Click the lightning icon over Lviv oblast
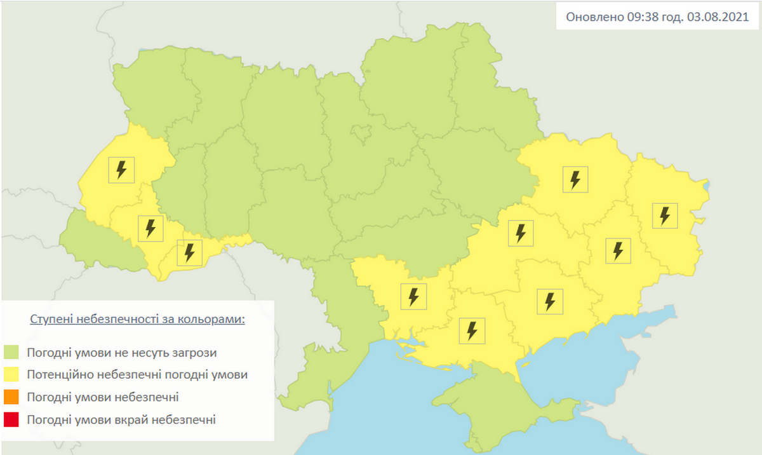pyautogui.click(x=121, y=170)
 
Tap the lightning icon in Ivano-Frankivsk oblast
pyautogui.click(x=150, y=228)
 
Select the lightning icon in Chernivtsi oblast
pyautogui.click(x=189, y=252)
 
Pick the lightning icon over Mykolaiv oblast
pyautogui.click(x=413, y=296)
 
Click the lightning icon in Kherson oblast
pyautogui.click(x=472, y=330)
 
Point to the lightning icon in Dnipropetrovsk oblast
pyautogui.click(x=520, y=233)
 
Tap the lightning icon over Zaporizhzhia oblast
pyautogui.click(x=550, y=301)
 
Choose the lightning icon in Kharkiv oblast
pyautogui.click(x=575, y=179)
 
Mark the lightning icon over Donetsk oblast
pyautogui.click(x=618, y=250)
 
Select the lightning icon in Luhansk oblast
pyautogui.click(x=665, y=215)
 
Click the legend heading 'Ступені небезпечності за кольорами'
pyautogui.click(x=137, y=319)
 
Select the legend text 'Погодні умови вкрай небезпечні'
pyautogui.click(x=122, y=419)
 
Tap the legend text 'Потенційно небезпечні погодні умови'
pyautogui.click(x=137, y=374)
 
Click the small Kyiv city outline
pyautogui.click(x=361, y=133)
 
